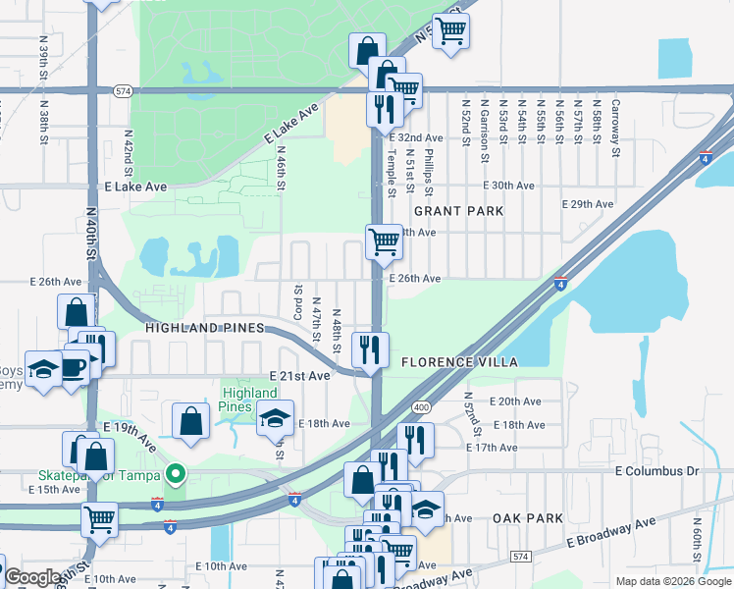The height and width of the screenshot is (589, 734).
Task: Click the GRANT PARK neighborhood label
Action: click(458, 211)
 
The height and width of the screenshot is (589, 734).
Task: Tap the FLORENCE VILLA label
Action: click(459, 362)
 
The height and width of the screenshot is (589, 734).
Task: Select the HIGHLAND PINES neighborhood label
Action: click(204, 327)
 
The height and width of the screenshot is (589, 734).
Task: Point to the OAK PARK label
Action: click(528, 518)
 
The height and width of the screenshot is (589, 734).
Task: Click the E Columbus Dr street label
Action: click(656, 471)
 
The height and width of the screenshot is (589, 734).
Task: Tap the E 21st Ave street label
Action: click(300, 376)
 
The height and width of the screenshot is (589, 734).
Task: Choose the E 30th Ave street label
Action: click(508, 186)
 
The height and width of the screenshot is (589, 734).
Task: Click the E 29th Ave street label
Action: click(587, 204)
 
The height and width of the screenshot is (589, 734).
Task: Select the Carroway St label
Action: click(615, 129)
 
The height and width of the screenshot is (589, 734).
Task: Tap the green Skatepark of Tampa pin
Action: click(176, 475)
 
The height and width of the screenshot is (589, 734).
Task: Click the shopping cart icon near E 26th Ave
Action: click(384, 241)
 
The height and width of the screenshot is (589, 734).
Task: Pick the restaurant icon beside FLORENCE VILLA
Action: click(370, 349)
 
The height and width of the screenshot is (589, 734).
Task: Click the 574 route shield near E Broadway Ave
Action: click(519, 557)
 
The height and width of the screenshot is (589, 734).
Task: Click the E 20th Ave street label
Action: click(520, 402)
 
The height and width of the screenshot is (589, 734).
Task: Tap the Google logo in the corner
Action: click(32, 577)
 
